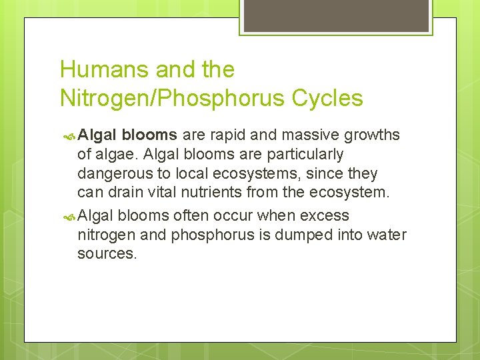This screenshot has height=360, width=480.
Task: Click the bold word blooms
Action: (x=149, y=135)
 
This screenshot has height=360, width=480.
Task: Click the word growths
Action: (x=372, y=135)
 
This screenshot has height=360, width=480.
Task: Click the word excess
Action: (x=325, y=215)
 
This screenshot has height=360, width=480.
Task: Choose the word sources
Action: (x=107, y=254)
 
